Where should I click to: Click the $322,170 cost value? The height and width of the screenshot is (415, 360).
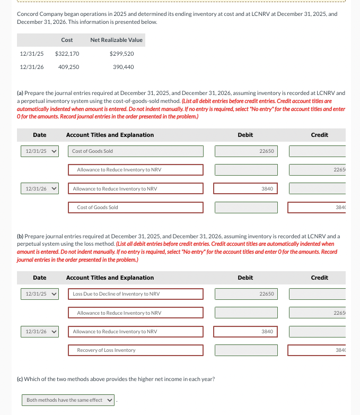67,54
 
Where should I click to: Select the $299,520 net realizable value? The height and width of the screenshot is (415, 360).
121,54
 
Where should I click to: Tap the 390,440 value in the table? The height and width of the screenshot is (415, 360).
123,67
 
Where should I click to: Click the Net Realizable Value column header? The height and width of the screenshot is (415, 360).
116,40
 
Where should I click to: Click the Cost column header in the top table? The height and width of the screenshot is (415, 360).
67,40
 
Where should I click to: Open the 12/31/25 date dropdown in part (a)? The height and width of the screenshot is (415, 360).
39,151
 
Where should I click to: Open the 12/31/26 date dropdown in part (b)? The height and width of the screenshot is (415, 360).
39,332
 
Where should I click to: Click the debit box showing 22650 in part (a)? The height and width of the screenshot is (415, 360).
246,151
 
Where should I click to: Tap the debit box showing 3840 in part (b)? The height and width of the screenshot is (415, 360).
246,332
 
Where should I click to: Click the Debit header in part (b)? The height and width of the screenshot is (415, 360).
245,278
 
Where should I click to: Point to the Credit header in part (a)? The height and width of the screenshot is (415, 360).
319,135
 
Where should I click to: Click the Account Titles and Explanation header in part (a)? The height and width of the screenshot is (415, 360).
110,135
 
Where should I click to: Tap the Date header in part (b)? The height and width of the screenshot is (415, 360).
39,278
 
